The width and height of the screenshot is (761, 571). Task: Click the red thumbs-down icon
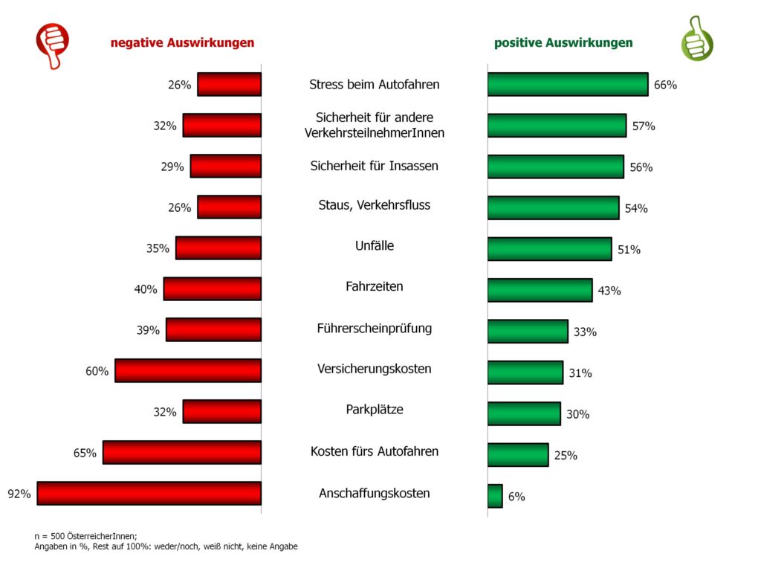[53, 44]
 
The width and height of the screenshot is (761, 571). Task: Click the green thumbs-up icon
[696, 38]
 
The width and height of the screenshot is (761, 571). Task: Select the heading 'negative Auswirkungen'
[182, 43]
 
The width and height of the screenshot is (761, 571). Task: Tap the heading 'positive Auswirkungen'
[563, 43]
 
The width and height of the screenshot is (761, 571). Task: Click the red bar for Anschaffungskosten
[149, 494]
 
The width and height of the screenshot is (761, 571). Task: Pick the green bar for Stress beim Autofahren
[567, 84]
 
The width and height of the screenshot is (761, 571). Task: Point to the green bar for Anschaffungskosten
[495, 496]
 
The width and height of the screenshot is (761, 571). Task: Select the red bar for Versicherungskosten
[188, 370]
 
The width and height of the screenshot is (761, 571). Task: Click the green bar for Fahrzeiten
[540, 290]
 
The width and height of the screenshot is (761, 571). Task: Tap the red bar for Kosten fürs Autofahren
[182, 452]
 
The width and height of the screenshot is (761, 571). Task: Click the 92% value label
[19, 494]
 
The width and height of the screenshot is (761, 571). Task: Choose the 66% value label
[665, 85]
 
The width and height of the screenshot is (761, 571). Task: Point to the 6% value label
[516, 497]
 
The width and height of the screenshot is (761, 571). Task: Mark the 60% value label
[97, 371]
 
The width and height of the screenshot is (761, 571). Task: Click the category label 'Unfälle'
[375, 245]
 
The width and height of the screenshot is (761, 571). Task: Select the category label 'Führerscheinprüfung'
[375, 328]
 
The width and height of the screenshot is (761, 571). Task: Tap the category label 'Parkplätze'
[375, 410]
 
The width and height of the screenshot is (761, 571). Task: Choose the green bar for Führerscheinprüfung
[528, 331]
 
